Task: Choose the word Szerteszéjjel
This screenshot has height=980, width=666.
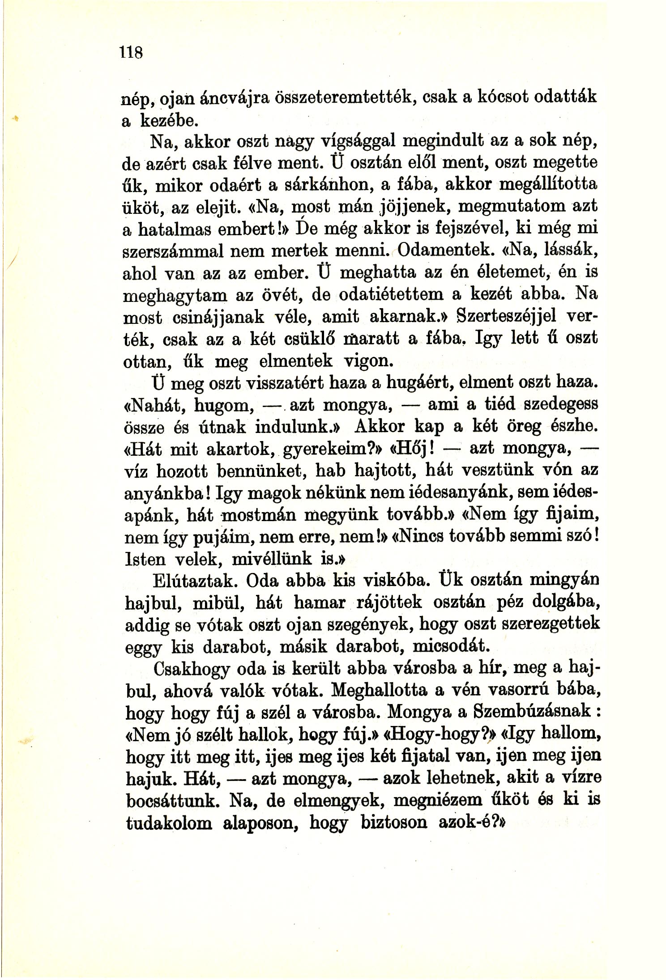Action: click(506, 317)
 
